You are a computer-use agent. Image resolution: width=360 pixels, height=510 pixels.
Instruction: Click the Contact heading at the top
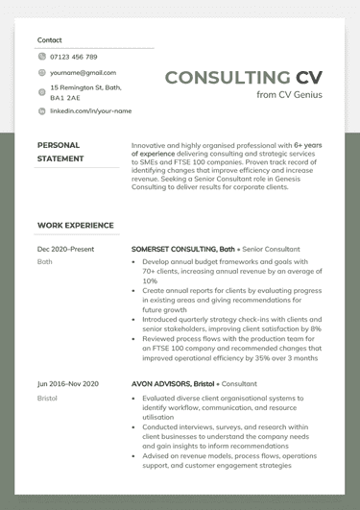tap(49, 40)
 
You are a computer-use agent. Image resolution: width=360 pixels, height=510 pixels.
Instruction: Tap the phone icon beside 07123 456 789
tap(41, 57)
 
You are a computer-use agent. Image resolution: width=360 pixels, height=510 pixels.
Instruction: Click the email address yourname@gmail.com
tap(83, 73)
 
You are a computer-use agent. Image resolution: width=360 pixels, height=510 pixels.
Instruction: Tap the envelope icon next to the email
tap(41, 73)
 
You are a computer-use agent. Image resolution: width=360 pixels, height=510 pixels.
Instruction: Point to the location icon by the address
tap(41, 93)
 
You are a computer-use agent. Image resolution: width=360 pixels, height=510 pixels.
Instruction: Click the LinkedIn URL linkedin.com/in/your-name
tap(90, 111)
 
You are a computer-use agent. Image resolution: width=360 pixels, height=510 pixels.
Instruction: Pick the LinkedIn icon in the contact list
tap(41, 111)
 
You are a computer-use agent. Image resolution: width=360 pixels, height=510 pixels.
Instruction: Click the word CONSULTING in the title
tap(227, 78)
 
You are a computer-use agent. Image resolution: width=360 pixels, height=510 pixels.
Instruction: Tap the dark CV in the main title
tap(309, 78)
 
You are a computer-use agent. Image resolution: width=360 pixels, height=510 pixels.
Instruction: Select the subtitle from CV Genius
tap(289, 95)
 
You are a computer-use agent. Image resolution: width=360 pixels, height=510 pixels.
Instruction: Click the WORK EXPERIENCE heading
tap(75, 226)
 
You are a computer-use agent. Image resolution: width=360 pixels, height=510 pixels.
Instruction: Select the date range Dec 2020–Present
tap(65, 249)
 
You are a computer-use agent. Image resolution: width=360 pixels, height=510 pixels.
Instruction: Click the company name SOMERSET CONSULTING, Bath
tap(183, 249)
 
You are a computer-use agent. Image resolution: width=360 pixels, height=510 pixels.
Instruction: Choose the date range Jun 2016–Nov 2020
tap(67, 384)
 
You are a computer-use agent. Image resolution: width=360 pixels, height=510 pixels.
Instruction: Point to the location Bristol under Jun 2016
tap(48, 398)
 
